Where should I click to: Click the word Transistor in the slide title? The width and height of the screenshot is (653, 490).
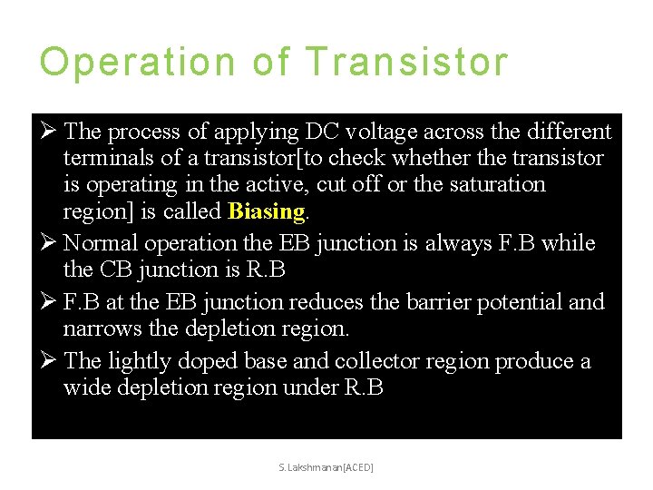(x=406, y=62)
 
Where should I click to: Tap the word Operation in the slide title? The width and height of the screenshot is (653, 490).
(x=139, y=62)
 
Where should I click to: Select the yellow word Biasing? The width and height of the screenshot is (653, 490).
(x=267, y=211)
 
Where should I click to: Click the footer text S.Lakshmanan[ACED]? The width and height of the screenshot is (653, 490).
(x=327, y=466)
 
